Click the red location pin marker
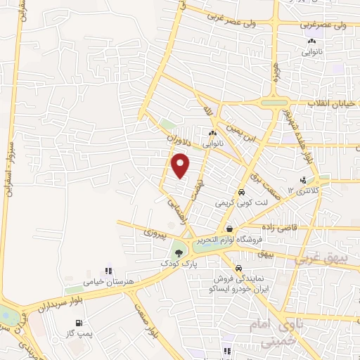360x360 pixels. (181, 165)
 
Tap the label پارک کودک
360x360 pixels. (176, 263)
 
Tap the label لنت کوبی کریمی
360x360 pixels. (232, 202)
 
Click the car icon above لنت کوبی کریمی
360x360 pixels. (240, 192)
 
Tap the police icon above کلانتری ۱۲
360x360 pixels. (303, 180)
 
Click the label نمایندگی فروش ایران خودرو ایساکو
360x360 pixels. (237, 282)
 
